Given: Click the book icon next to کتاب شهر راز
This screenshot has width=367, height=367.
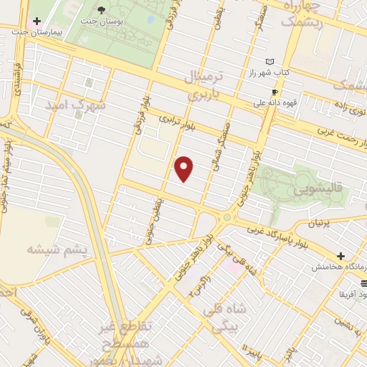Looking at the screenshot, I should (x=270, y=62).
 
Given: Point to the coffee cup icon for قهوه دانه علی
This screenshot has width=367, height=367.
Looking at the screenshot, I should (x=275, y=92).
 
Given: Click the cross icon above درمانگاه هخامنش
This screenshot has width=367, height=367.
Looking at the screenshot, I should (x=340, y=255).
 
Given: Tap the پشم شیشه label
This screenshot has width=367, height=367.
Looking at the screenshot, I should (x=56, y=248).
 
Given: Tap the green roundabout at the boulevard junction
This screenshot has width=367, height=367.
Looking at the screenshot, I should (x=227, y=217).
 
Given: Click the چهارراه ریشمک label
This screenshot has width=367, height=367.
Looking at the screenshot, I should (x=310, y=14).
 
